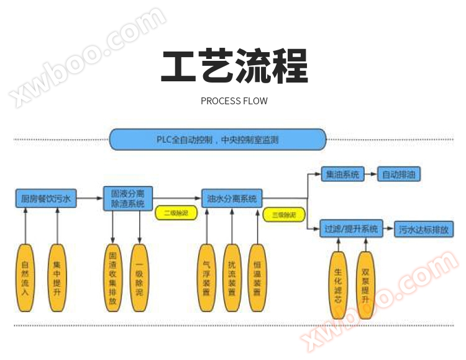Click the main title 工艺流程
[x=234, y=67]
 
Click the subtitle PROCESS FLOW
[x=234, y=101]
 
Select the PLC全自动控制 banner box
[x=217, y=139]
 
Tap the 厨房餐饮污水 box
[x=46, y=199]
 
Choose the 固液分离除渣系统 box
[x=127, y=198]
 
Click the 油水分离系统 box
[x=232, y=199]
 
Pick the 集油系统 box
[x=343, y=174]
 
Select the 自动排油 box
[x=401, y=174]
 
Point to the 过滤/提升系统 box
[x=351, y=229]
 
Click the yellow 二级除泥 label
[x=176, y=213]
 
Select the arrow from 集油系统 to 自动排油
[x=370, y=174]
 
